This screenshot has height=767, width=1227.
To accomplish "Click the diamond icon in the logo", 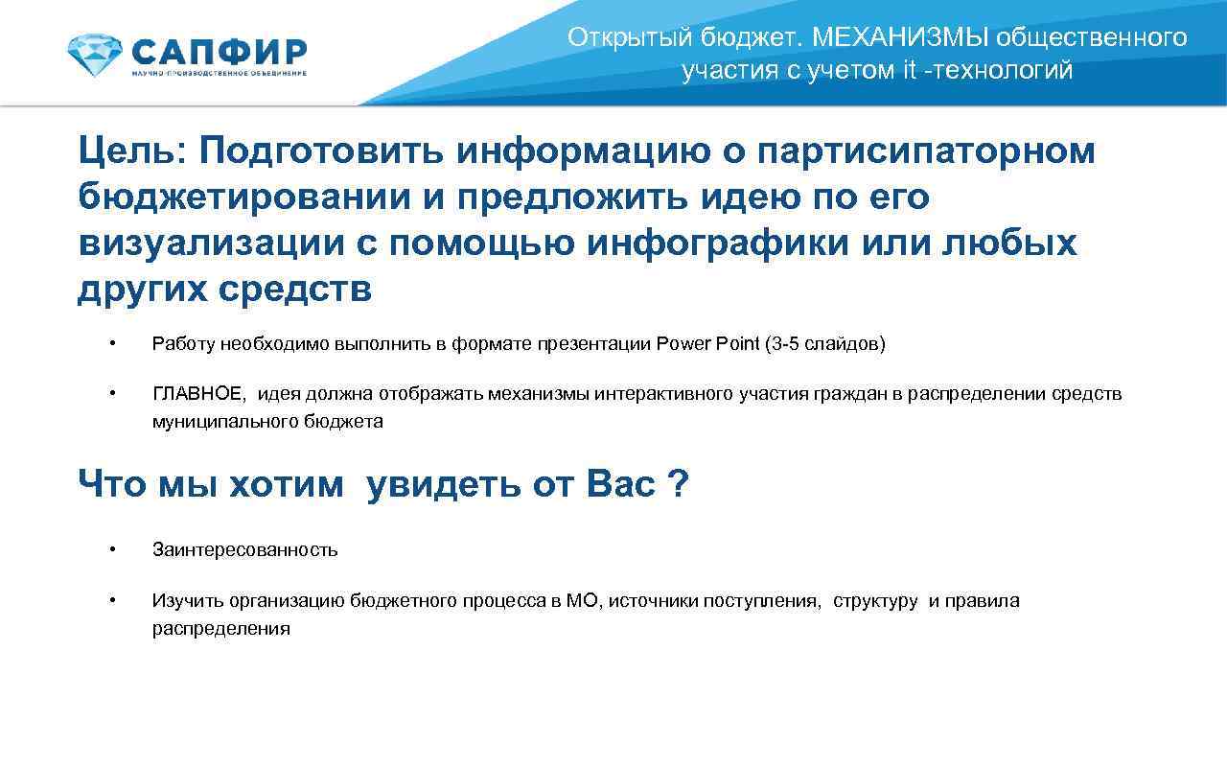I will (x=94, y=56).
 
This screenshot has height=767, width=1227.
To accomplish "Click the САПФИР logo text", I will (x=219, y=50).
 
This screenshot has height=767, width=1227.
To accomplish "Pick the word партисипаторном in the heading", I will (x=925, y=151).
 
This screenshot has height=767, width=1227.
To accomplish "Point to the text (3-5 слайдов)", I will (x=825, y=344).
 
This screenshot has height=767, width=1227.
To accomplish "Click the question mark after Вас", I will (x=678, y=484).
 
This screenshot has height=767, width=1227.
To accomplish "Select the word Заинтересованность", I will (x=244, y=550).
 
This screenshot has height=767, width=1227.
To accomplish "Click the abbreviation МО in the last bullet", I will (x=582, y=601).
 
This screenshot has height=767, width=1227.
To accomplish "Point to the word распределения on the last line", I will (x=220, y=629).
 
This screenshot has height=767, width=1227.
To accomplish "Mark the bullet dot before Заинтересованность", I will (x=112, y=549).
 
